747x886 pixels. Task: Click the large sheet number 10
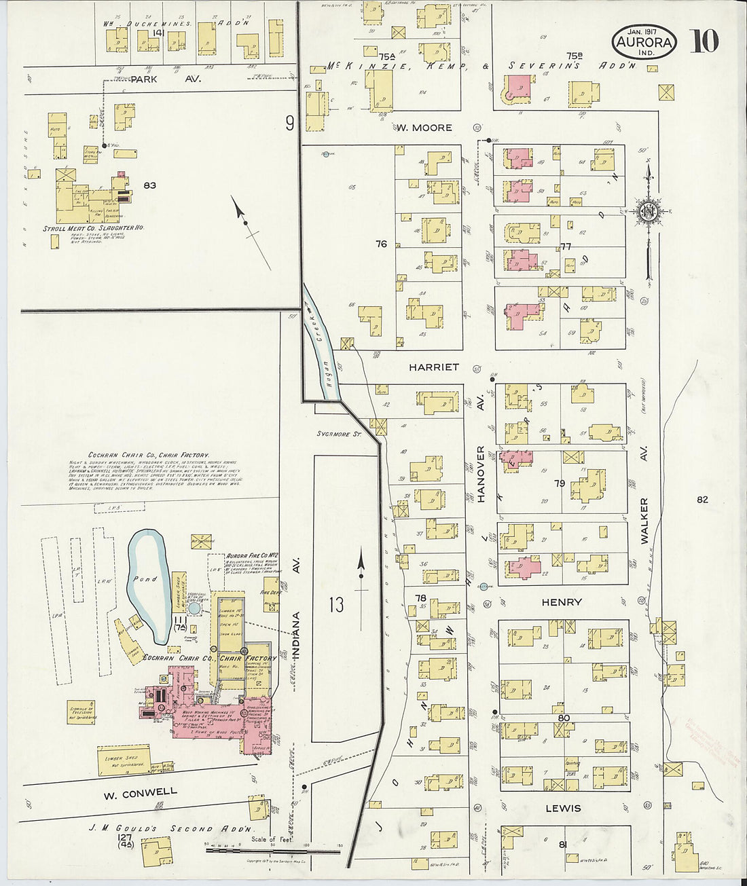(704, 41)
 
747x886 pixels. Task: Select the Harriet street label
(434, 367)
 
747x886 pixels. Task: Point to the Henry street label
(562, 602)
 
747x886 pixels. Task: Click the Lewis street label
(563, 808)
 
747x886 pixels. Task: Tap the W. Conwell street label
(140, 792)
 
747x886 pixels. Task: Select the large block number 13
(337, 604)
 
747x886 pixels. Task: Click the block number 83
(150, 185)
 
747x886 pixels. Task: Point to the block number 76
(381, 244)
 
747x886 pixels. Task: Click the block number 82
(702, 500)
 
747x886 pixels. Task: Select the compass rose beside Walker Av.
(648, 212)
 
